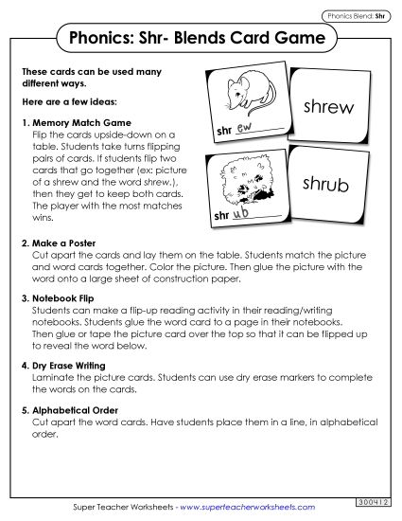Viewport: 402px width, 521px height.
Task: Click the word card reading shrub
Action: click(323, 184)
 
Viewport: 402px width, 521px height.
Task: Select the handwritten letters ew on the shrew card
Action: click(243, 128)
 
